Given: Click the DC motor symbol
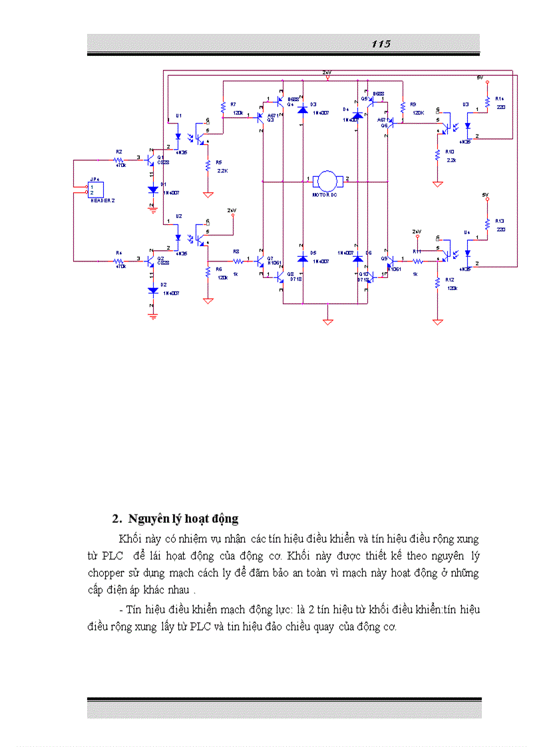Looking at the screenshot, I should coord(326,180).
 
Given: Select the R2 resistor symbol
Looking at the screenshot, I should coord(119,160).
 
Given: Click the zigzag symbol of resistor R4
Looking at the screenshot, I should coord(119,261).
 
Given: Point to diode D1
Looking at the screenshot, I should coord(153,190).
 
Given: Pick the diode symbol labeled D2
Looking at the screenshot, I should coord(153,291).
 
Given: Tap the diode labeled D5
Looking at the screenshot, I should coord(303,257).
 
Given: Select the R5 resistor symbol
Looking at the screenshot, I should coord(208,165).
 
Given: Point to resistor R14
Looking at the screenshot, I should coord(488,102).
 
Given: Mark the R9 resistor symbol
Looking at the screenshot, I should coord(403,106).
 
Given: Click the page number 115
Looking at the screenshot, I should coord(381,44).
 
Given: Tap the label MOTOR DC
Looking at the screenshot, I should coord(326,196).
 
